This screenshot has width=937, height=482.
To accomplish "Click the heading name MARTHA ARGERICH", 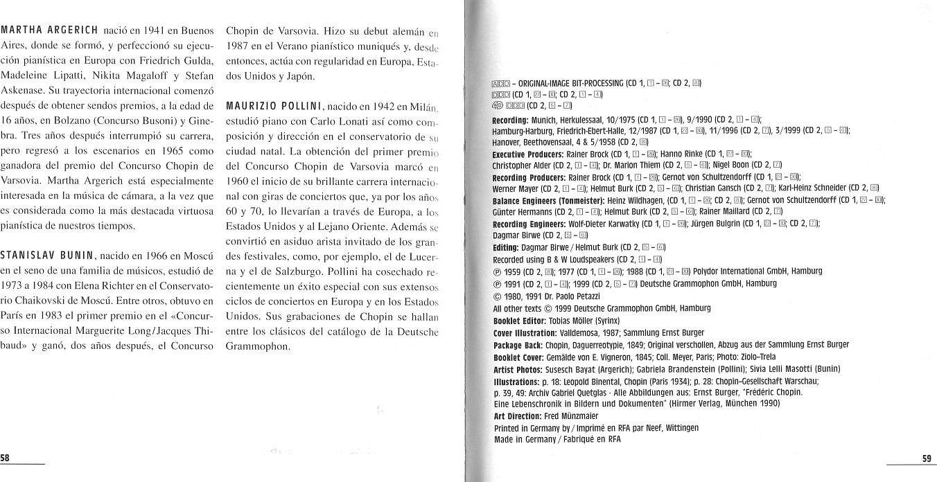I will tap(49, 32).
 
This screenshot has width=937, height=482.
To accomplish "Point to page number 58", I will tap(6, 458).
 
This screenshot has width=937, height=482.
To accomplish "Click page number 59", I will tap(927, 458).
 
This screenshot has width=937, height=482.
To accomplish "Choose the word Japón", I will tap(297, 76).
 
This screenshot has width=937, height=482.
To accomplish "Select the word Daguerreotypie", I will tap(603, 344).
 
